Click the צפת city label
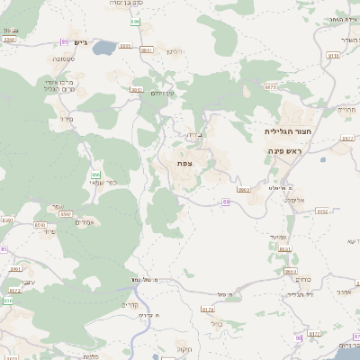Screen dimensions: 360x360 point(184,163)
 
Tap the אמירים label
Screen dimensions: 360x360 point(86,222)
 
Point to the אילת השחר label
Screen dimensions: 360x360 point(344,19)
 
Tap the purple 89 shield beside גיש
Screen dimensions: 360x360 point(64,41)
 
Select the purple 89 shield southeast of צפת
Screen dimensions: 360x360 point(226,202)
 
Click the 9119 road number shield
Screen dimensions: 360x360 point(333,55)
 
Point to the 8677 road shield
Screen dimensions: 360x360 point(271,87)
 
